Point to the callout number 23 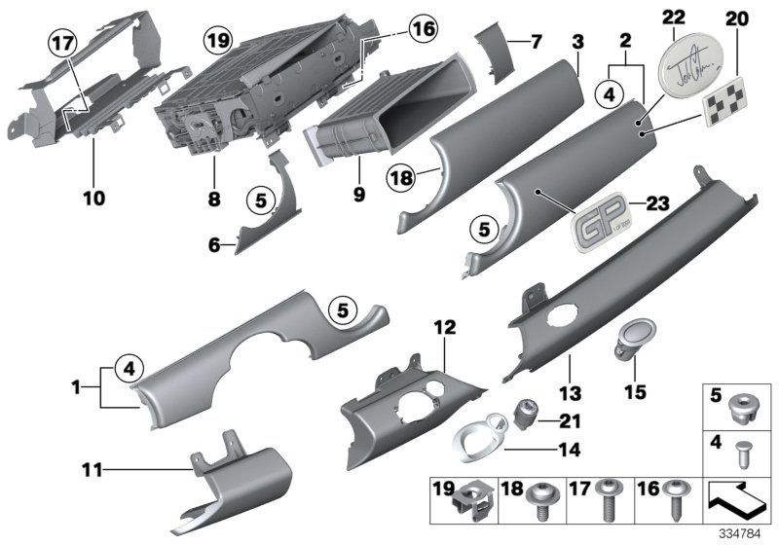pyautogui.click(x=659, y=204)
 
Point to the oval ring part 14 pyautogui.click(x=476, y=439)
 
